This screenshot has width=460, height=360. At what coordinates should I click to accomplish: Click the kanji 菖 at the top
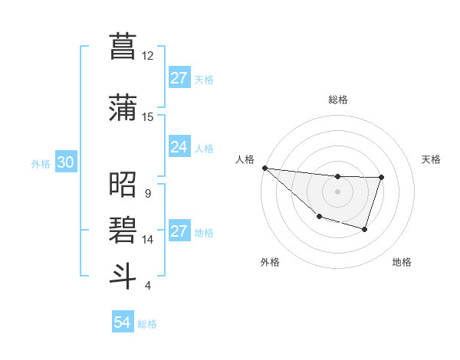click(x=123, y=47)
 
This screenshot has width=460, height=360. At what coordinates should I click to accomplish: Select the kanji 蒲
click(x=123, y=108)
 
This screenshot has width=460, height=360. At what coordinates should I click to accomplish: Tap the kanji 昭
click(x=123, y=186)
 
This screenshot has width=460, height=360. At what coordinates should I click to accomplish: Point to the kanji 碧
click(x=123, y=230)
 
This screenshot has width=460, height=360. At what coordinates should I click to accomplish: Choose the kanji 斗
click(x=123, y=275)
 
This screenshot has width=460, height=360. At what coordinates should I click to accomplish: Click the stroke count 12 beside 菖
click(x=148, y=56)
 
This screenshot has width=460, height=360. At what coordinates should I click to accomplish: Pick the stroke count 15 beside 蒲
click(x=148, y=117)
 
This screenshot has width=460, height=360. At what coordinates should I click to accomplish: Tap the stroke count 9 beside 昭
click(x=147, y=194)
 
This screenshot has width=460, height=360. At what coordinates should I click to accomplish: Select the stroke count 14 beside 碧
click(x=148, y=240)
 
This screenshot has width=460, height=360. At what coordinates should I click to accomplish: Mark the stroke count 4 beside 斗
click(x=147, y=286)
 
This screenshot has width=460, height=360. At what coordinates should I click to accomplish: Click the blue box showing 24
click(x=179, y=147)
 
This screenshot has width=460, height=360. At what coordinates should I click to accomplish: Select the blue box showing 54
click(x=123, y=323)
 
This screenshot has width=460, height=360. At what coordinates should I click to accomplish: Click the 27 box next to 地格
click(x=179, y=231)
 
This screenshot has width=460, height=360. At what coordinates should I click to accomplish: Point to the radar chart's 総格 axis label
click(x=337, y=100)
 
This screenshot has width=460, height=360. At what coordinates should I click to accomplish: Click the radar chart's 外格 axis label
click(x=270, y=262)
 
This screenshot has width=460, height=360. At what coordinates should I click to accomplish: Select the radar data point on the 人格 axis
click(x=264, y=168)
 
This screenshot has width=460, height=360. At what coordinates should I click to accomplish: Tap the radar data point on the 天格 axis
click(x=381, y=178)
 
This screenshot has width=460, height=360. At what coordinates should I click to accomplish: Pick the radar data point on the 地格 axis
click(x=365, y=229)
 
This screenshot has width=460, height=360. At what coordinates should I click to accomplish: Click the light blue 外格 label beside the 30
click(x=41, y=164)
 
